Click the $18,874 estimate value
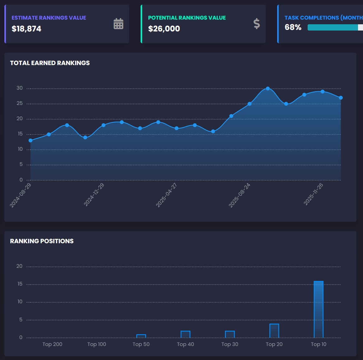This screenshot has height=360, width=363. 26,29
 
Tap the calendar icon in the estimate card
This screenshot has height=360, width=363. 118,24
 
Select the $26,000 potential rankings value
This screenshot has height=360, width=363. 164,29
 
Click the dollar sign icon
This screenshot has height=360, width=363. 257,24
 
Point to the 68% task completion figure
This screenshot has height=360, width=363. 293,27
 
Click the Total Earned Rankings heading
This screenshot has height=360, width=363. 50,63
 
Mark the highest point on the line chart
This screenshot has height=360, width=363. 268,88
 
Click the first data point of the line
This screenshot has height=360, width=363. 30,140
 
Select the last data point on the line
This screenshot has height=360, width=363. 341,98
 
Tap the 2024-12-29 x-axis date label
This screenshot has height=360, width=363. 94,195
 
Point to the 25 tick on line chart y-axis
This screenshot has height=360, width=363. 20,103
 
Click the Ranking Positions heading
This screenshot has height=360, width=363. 42,241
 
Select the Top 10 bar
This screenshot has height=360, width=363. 319,309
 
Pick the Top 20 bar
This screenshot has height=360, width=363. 274,330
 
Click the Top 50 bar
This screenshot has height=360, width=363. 141,336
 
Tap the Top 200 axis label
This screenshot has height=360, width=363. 52,344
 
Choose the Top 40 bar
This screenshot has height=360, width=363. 185,334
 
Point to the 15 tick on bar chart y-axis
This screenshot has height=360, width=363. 20,284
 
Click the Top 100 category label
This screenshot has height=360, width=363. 97,344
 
